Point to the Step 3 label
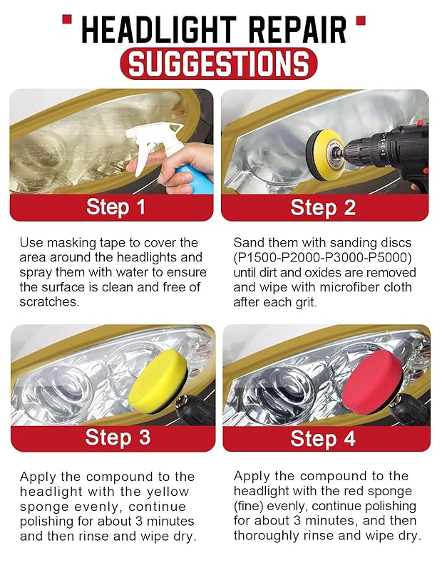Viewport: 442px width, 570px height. point(118,437)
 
